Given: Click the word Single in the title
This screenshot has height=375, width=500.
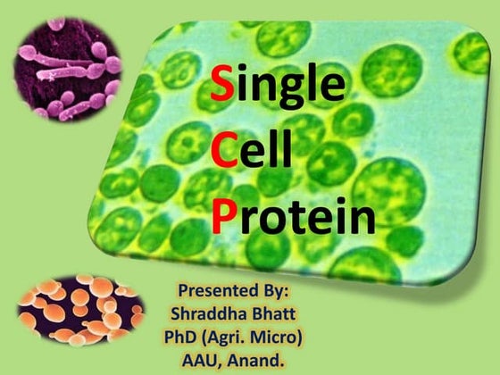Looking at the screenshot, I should (x=278, y=85).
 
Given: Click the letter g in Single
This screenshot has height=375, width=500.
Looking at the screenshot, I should (x=298, y=89).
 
